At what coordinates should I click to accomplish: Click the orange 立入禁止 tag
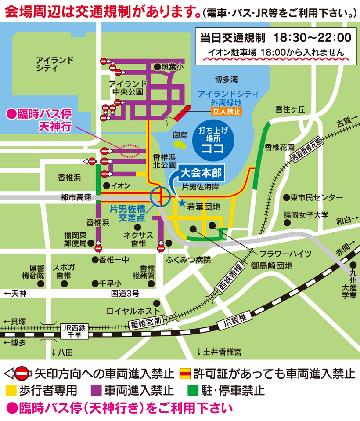coord(227,111)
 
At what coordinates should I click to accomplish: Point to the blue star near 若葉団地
coord(182,203)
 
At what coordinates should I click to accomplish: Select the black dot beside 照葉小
coord(157,67)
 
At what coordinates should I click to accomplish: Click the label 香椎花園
coord(280,146)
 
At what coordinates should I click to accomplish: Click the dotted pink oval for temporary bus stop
coord(128,151)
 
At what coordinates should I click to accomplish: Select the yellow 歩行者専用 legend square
coord(11,389)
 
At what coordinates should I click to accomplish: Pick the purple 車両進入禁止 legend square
coord(96,389)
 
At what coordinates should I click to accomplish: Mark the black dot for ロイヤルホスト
coord(157,303)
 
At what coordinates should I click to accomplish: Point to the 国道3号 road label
coord(125,293)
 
